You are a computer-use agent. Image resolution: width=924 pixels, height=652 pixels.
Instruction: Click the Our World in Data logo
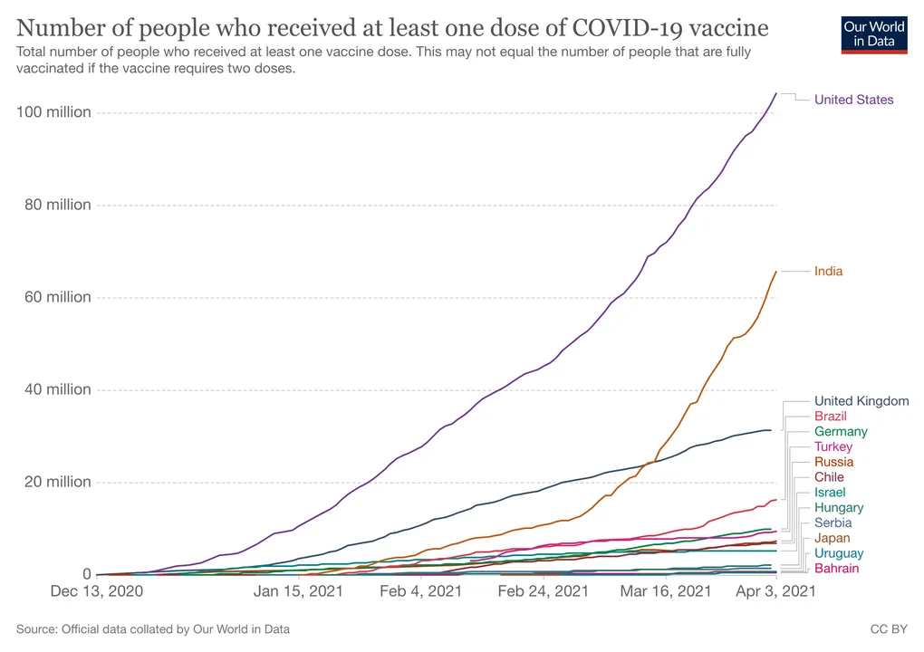874,35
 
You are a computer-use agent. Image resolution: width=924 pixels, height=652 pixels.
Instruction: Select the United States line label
854,100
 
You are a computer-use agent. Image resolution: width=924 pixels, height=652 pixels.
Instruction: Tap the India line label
829,271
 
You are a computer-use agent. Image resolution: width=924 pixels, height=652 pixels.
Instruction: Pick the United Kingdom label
861,401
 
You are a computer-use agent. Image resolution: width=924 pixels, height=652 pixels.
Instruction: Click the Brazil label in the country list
831,417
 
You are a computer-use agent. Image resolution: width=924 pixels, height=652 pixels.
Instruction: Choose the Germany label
841,432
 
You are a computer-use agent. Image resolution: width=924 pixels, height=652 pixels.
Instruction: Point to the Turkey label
833,447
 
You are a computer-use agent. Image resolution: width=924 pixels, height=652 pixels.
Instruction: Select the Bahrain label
837,569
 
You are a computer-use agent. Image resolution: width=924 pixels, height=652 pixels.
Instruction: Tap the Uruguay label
839,553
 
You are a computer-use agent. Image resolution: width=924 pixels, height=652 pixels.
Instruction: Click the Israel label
830,493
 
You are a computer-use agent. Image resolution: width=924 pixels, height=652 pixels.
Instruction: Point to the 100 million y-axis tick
53,112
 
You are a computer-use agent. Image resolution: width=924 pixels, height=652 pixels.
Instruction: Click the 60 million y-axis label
58,297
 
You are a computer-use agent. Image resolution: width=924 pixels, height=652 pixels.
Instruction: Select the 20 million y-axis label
58,482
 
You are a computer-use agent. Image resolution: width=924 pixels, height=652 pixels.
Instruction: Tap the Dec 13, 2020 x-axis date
97,590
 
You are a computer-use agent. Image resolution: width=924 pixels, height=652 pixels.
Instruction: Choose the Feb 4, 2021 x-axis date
420,590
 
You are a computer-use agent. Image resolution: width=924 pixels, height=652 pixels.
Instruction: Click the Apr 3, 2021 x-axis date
775,590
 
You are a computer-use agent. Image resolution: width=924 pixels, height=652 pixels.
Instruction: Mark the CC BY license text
889,629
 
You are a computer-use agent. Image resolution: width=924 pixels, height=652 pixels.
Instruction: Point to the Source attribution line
153,629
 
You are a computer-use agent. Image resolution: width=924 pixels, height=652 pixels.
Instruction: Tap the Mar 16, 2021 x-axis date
665,590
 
